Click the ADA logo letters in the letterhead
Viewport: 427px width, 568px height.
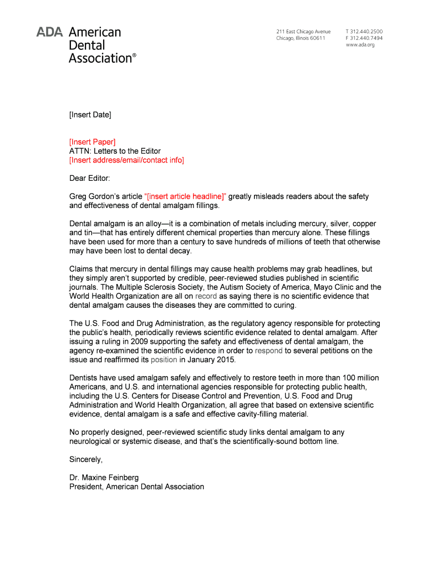pyautogui.click(x=50, y=32)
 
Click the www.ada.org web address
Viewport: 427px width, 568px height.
pyautogui.click(x=360, y=45)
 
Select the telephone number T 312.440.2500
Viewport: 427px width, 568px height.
pyautogui.click(x=364, y=32)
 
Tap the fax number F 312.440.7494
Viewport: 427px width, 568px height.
pyautogui.click(x=364, y=38)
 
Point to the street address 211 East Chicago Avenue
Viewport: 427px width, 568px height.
pyautogui.click(x=303, y=32)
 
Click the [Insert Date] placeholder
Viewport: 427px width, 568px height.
pyautogui.click(x=90, y=115)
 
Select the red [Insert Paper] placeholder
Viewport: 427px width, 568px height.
pyautogui.click(x=92, y=142)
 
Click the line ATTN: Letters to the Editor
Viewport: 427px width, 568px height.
pyautogui.click(x=115, y=151)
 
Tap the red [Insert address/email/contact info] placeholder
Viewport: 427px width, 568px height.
pyautogui.click(x=126, y=160)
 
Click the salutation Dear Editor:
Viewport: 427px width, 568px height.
pyautogui.click(x=90, y=178)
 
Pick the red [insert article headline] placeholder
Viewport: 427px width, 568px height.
pyautogui.click(x=185, y=196)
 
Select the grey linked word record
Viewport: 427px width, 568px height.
pyautogui.click(x=206, y=296)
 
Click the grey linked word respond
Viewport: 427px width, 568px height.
pyautogui.click(x=268, y=351)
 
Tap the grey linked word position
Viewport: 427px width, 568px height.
pyautogui.click(x=164, y=359)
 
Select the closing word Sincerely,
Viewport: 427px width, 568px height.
pyautogui.click(x=86, y=459)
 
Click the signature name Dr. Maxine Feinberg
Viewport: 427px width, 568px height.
pyautogui.click(x=104, y=478)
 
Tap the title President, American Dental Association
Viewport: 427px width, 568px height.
pyautogui.click(x=136, y=486)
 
